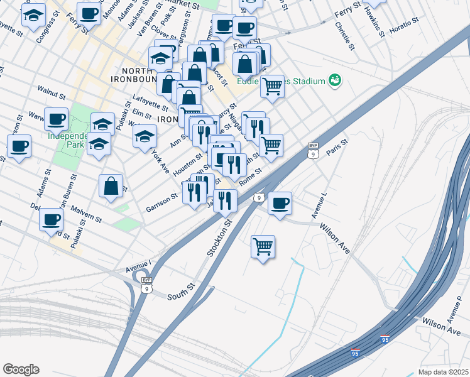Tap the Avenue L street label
click(x=319, y=206)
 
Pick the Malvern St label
click(x=86, y=214)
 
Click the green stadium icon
click(x=336, y=80)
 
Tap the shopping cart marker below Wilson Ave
click(x=263, y=246)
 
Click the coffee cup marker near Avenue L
click(x=280, y=203)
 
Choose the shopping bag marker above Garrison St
click(x=111, y=186)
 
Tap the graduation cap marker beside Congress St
click(x=33, y=15)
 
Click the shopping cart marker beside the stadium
click(x=272, y=85)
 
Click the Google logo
click(x=21, y=369)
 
